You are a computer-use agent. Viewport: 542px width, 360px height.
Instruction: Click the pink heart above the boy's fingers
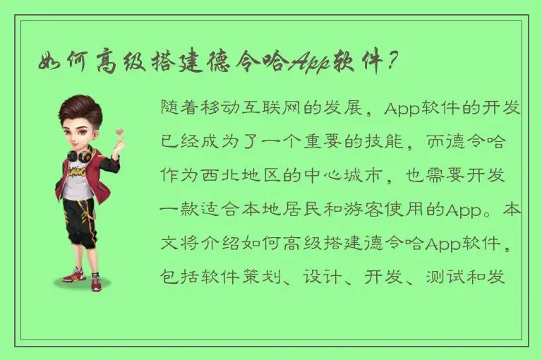[119, 131]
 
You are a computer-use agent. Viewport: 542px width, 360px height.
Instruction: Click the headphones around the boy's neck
[79, 153]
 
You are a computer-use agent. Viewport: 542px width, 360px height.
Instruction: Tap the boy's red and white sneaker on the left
[73, 275]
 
